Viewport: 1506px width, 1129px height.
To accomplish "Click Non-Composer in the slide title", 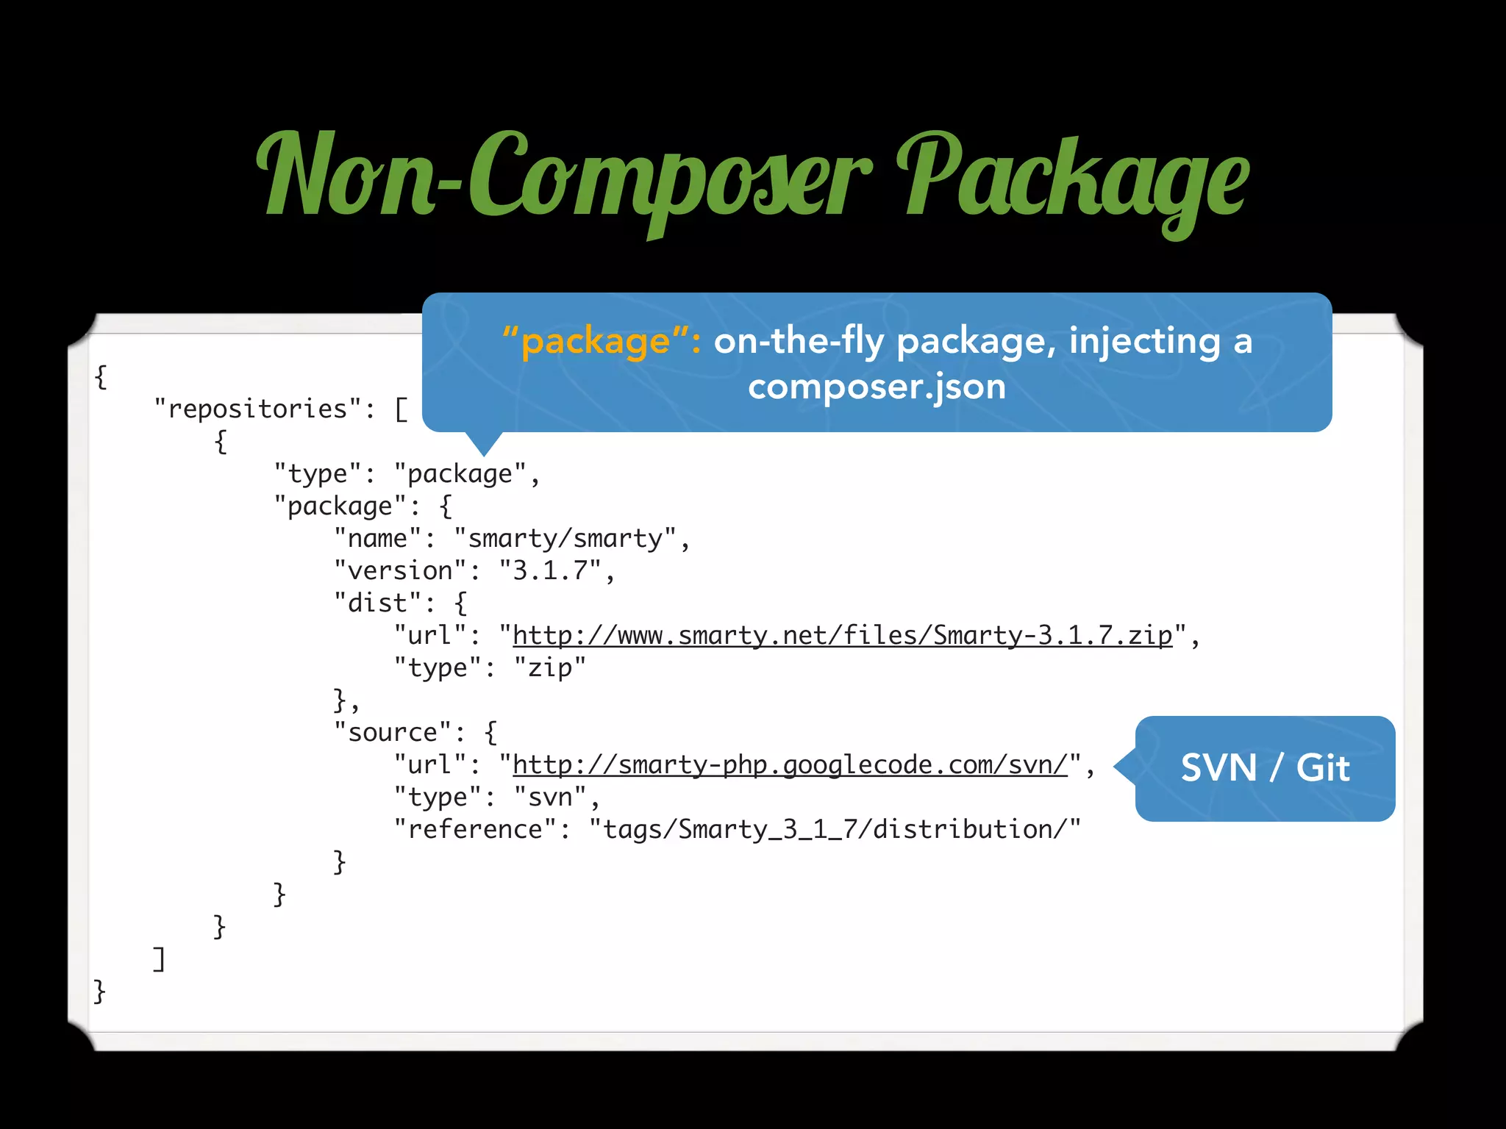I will [x=563, y=176].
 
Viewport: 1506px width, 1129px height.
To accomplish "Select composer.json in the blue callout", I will [x=877, y=386].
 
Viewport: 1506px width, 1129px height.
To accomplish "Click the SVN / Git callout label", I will [x=1265, y=768].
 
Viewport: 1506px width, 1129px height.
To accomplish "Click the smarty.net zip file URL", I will [x=842, y=635].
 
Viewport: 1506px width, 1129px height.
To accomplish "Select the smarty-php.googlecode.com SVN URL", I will [x=790, y=764].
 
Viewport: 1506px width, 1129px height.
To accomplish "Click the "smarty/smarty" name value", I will [x=565, y=538].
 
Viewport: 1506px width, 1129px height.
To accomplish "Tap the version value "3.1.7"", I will [x=549, y=570].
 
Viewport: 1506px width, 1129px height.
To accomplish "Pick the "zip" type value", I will [x=549, y=667].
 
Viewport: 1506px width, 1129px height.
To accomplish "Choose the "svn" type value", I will [x=549, y=797].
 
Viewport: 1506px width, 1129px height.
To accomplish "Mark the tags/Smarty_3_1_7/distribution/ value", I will [x=835, y=829].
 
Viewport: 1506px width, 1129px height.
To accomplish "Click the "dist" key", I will [x=376, y=603].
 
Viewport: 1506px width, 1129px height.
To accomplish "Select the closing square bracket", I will [x=159, y=958].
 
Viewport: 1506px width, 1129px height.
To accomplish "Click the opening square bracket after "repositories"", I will [x=401, y=409].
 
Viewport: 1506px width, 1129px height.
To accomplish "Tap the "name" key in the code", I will [x=376, y=538].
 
